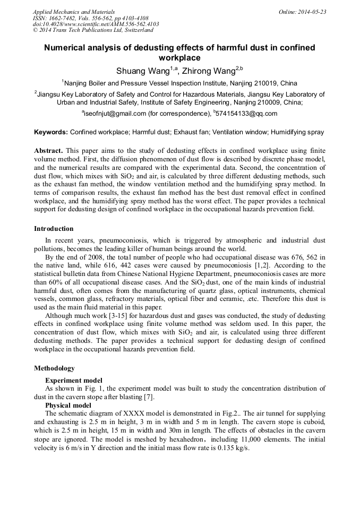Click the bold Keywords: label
[51, 132]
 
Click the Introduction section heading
[54, 229]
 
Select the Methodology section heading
[54, 368]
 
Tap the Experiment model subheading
[74, 381]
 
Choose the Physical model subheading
[68, 406]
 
